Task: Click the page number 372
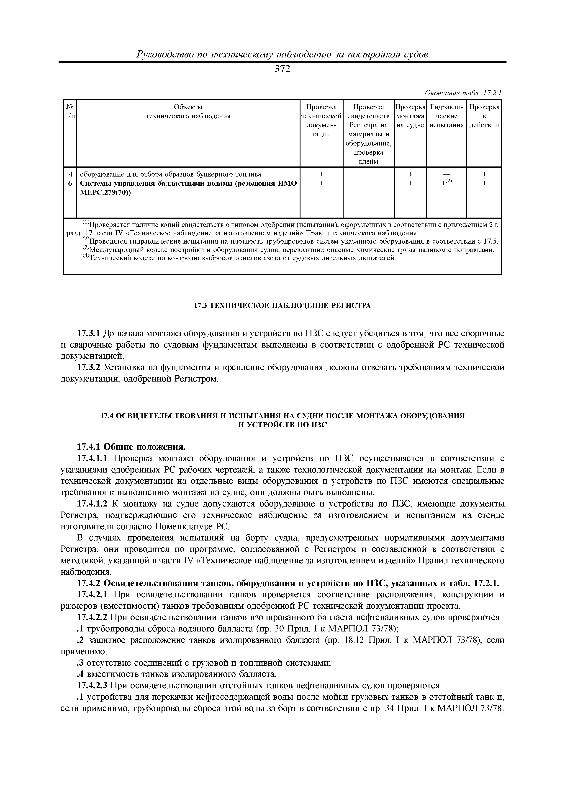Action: tap(282, 69)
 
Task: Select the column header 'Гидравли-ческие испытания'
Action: tap(446, 116)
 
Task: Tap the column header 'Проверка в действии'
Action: tap(484, 116)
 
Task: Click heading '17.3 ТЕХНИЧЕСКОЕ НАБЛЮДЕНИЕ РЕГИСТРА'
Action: tap(282, 306)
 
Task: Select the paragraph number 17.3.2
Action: tap(88, 368)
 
